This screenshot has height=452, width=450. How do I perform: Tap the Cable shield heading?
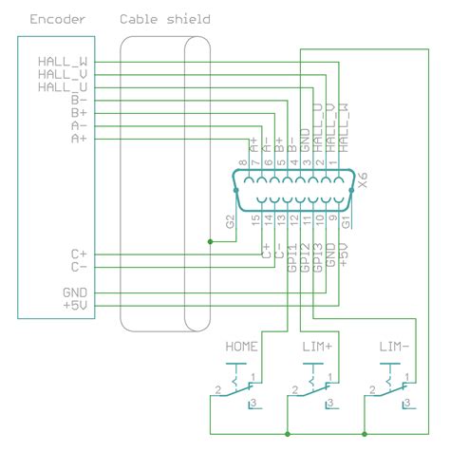click(x=165, y=19)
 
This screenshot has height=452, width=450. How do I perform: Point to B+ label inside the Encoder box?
click(x=80, y=112)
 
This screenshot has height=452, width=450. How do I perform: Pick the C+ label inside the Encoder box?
click(x=79, y=254)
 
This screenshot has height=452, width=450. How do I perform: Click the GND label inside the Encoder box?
click(x=76, y=292)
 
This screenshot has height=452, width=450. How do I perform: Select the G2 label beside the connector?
click(x=230, y=222)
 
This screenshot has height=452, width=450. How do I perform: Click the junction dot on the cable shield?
click(x=210, y=241)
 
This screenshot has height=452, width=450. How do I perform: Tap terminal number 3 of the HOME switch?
click(x=252, y=405)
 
